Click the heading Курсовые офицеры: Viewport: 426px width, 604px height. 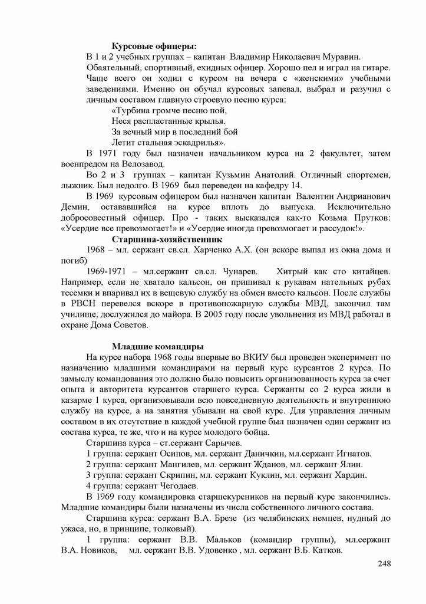pyautogui.click(x=154, y=46)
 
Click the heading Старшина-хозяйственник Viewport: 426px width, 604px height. pyautogui.click(x=167, y=239)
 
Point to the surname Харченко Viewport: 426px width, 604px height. pyautogui.click(x=241, y=250)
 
